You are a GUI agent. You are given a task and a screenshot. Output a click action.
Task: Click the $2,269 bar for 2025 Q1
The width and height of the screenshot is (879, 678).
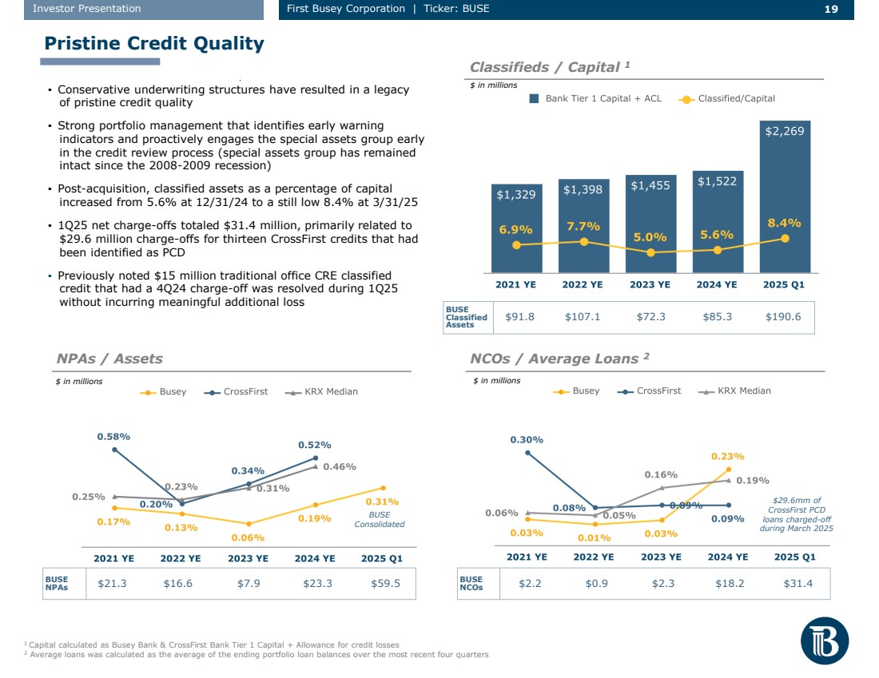point(785,200)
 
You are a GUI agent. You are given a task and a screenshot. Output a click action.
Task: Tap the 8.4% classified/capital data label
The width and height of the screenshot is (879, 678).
point(784,223)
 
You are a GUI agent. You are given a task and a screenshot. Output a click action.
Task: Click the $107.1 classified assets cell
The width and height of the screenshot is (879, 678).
point(583,317)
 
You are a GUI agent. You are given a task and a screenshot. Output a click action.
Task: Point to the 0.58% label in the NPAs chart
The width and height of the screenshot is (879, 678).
point(113,437)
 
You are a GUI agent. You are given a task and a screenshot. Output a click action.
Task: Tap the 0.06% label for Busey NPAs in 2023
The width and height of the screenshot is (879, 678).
point(249,537)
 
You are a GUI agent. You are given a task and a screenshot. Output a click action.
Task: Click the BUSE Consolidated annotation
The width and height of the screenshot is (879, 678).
point(380,520)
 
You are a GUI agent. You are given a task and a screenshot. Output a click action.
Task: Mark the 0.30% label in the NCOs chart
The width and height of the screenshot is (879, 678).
point(527,439)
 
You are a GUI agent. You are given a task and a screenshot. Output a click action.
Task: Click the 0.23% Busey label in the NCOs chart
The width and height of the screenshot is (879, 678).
point(728,456)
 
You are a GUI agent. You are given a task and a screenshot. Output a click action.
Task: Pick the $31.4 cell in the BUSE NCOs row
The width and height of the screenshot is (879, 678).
point(797,584)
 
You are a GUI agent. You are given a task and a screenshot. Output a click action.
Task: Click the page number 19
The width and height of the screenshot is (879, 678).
point(830,9)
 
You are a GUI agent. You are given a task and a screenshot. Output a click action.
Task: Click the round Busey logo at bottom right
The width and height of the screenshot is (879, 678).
point(824,640)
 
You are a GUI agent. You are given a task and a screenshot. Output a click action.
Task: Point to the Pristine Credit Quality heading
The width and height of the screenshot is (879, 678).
point(153,43)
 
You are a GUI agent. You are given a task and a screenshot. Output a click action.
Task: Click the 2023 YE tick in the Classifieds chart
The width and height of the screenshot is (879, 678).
point(650,283)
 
